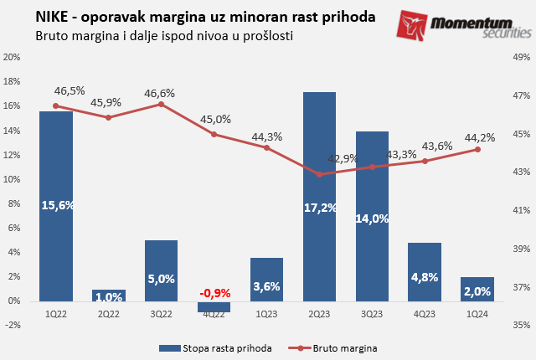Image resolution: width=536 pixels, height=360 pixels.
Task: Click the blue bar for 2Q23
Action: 319,196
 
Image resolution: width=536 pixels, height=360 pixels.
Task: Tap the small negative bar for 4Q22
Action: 214,306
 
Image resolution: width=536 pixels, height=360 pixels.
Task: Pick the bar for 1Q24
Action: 477,288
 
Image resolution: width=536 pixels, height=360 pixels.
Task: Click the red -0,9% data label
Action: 214,292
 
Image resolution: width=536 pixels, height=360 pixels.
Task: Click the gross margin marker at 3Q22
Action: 161,104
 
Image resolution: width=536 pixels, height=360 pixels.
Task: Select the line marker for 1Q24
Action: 477,149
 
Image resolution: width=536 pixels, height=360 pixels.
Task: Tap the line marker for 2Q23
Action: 319,174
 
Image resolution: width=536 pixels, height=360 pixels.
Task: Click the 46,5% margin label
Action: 70,90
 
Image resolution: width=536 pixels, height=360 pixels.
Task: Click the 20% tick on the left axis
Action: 12,58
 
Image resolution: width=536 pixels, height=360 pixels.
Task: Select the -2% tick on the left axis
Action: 12,325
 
